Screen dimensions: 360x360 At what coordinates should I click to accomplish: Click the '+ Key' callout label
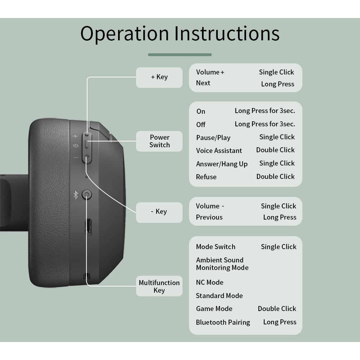click(x=159, y=77)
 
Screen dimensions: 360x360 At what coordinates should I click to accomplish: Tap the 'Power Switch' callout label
click(x=159, y=141)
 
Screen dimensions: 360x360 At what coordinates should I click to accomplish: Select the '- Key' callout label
click(x=159, y=212)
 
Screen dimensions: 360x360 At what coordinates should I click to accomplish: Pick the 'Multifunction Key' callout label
click(x=159, y=286)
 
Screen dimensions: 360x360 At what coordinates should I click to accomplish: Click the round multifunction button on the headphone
click(x=87, y=195)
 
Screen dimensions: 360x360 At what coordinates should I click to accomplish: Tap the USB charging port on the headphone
click(x=87, y=227)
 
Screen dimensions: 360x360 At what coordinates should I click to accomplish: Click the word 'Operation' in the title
click(x=125, y=33)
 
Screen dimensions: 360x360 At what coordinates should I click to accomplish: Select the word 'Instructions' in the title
click(x=227, y=33)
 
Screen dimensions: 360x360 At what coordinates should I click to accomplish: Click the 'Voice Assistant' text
click(x=219, y=150)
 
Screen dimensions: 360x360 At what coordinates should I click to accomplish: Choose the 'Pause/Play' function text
click(x=213, y=138)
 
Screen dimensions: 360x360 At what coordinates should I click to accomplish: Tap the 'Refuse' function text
click(x=206, y=177)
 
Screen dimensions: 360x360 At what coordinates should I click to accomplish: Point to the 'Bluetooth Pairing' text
click(x=223, y=322)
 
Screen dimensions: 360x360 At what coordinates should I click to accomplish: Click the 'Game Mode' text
click(x=214, y=309)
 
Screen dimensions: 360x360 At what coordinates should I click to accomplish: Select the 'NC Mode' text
click(x=210, y=282)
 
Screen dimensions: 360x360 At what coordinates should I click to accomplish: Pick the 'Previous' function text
click(x=209, y=217)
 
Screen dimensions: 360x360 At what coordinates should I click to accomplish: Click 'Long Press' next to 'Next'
click(x=278, y=84)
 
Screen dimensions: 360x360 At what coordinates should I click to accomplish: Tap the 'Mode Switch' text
click(x=216, y=247)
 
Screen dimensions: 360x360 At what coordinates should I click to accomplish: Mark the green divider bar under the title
click(x=180, y=55)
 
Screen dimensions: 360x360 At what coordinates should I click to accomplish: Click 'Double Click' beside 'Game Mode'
click(x=277, y=309)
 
